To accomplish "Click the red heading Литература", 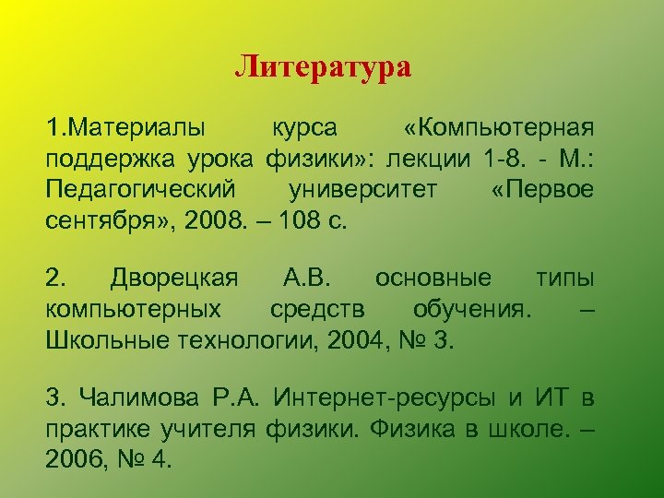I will tap(322, 67).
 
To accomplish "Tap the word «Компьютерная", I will tap(498, 126).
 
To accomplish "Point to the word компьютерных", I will tap(133, 309).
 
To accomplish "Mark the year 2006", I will tap(73, 459).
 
